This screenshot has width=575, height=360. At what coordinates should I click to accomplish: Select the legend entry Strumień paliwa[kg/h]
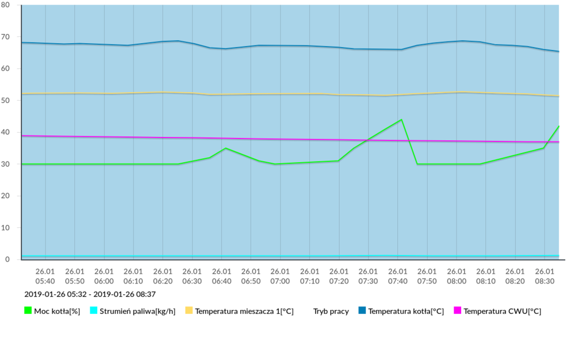(136, 312)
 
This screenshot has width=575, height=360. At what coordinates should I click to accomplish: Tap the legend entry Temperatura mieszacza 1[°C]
(244, 312)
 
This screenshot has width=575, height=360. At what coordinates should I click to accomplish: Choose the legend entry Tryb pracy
(331, 312)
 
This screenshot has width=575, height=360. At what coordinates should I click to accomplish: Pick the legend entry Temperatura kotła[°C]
(406, 312)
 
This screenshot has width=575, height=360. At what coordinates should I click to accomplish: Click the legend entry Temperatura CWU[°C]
(502, 312)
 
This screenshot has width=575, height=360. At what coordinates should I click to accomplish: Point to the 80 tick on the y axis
(7, 5)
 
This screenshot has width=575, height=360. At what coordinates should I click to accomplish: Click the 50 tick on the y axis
(7, 101)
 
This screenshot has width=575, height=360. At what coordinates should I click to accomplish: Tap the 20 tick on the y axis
(7, 196)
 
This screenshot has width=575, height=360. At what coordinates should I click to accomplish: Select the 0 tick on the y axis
(9, 260)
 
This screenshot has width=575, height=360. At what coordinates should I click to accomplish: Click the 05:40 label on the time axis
(45, 276)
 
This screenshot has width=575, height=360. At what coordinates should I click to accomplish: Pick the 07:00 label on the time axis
(280, 276)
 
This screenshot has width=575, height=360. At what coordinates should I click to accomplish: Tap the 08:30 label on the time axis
(545, 276)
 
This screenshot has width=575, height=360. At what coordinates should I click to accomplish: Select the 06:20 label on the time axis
(163, 276)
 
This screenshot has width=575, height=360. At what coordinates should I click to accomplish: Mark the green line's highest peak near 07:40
(401, 120)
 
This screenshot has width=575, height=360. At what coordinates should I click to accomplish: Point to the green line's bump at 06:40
(225, 148)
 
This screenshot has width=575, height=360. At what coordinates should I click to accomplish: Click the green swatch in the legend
(28, 311)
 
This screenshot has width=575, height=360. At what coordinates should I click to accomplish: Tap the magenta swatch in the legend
(458, 311)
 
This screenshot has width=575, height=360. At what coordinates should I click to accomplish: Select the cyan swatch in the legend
(94, 311)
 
